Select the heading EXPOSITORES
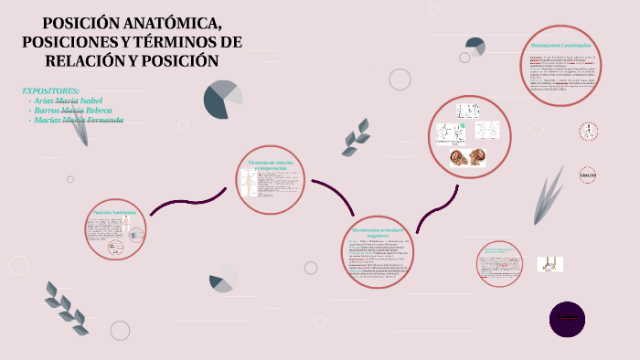pos(50,90)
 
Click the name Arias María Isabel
pos(68,101)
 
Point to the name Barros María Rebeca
pos(72,110)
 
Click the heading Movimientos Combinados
pos(560,45)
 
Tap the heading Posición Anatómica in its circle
pos(113,212)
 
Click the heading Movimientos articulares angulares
pos(377,231)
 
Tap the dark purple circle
pos(567,318)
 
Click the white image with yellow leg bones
pos(550,263)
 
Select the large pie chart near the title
pos(222,99)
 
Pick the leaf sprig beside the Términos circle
pos(356,137)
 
